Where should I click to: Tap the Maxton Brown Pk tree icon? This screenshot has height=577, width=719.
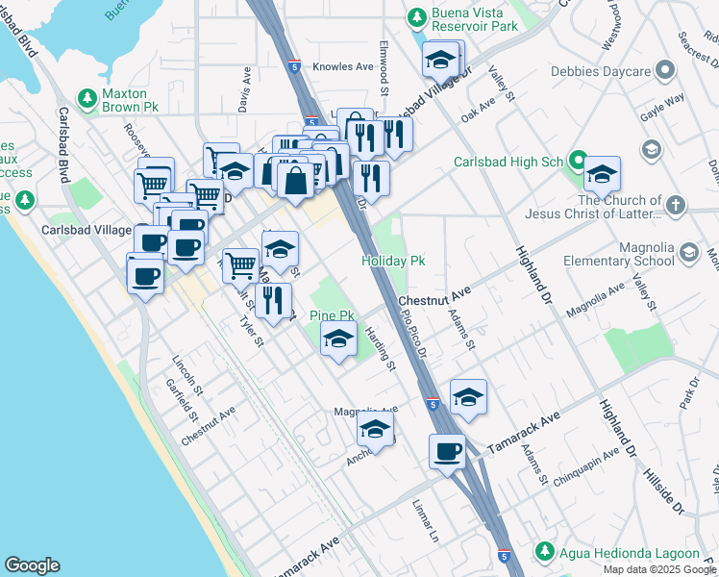[x=87, y=97]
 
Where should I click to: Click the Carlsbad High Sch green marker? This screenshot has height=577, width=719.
[x=578, y=160]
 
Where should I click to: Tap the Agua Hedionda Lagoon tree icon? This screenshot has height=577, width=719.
[x=544, y=551]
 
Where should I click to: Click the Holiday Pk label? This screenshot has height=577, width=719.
[x=393, y=261]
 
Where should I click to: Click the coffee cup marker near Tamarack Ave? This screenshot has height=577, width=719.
[x=449, y=451]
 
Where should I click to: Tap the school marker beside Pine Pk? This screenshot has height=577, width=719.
[x=338, y=339]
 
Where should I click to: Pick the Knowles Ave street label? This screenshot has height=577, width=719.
[x=352, y=67]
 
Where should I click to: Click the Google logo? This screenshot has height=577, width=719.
[x=32, y=564]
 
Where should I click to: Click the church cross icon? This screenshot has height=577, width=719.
[x=676, y=205]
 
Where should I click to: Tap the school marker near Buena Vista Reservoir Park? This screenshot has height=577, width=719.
[x=441, y=61]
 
